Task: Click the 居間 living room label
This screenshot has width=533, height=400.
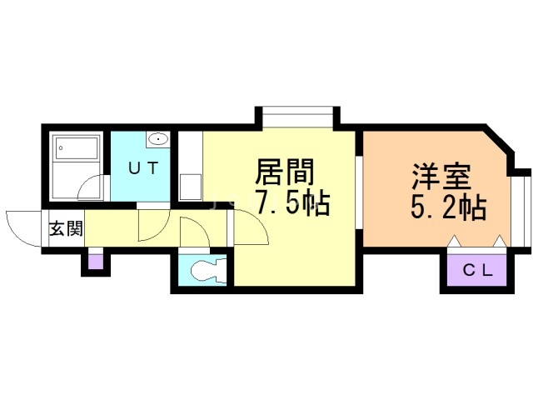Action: coord(284,175)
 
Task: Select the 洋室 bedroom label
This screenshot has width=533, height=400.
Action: coord(441,178)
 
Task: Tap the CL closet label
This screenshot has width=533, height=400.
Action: coord(478,270)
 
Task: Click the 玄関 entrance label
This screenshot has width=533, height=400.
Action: coord(63,228)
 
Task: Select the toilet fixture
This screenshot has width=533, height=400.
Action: coord(205,270)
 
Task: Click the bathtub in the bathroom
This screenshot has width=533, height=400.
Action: coord(77,151)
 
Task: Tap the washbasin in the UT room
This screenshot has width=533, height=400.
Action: coord(158,139)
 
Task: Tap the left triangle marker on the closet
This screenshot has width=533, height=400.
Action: coord(455,242)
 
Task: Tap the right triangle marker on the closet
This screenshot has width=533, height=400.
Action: coord(499,242)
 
